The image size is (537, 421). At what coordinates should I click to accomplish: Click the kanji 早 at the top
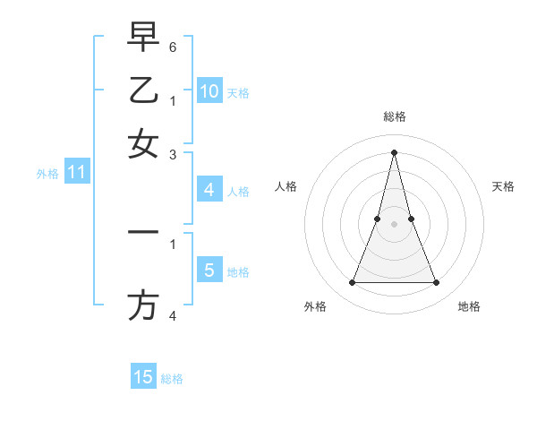point(143,38)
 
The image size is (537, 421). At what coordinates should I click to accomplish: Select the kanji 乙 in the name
point(143,90)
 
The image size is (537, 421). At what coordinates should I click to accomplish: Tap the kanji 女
point(143,144)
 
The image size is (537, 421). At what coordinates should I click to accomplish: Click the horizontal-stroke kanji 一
point(143,232)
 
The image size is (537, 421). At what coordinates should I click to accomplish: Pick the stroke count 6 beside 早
point(173,47)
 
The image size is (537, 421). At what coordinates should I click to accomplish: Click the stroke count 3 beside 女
point(173,154)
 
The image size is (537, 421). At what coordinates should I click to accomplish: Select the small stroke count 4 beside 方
point(173,315)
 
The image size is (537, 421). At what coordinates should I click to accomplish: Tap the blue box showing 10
point(209,91)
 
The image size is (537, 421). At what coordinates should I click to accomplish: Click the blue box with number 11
point(76,173)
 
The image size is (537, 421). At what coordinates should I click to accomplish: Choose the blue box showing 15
point(143,377)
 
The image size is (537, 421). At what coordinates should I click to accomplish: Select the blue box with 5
point(209,270)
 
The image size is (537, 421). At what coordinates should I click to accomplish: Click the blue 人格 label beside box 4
point(238,191)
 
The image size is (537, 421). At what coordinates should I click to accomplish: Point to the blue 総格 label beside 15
point(172,379)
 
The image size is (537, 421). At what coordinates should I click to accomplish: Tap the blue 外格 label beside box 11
point(47,174)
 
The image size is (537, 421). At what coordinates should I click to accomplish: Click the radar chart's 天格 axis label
point(503,186)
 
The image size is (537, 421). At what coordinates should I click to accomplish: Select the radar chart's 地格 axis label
point(469,306)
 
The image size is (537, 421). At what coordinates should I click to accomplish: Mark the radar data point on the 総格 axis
point(394,151)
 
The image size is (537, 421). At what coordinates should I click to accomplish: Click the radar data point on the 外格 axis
point(352,283)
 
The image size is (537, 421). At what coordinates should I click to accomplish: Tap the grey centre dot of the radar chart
point(394,224)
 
